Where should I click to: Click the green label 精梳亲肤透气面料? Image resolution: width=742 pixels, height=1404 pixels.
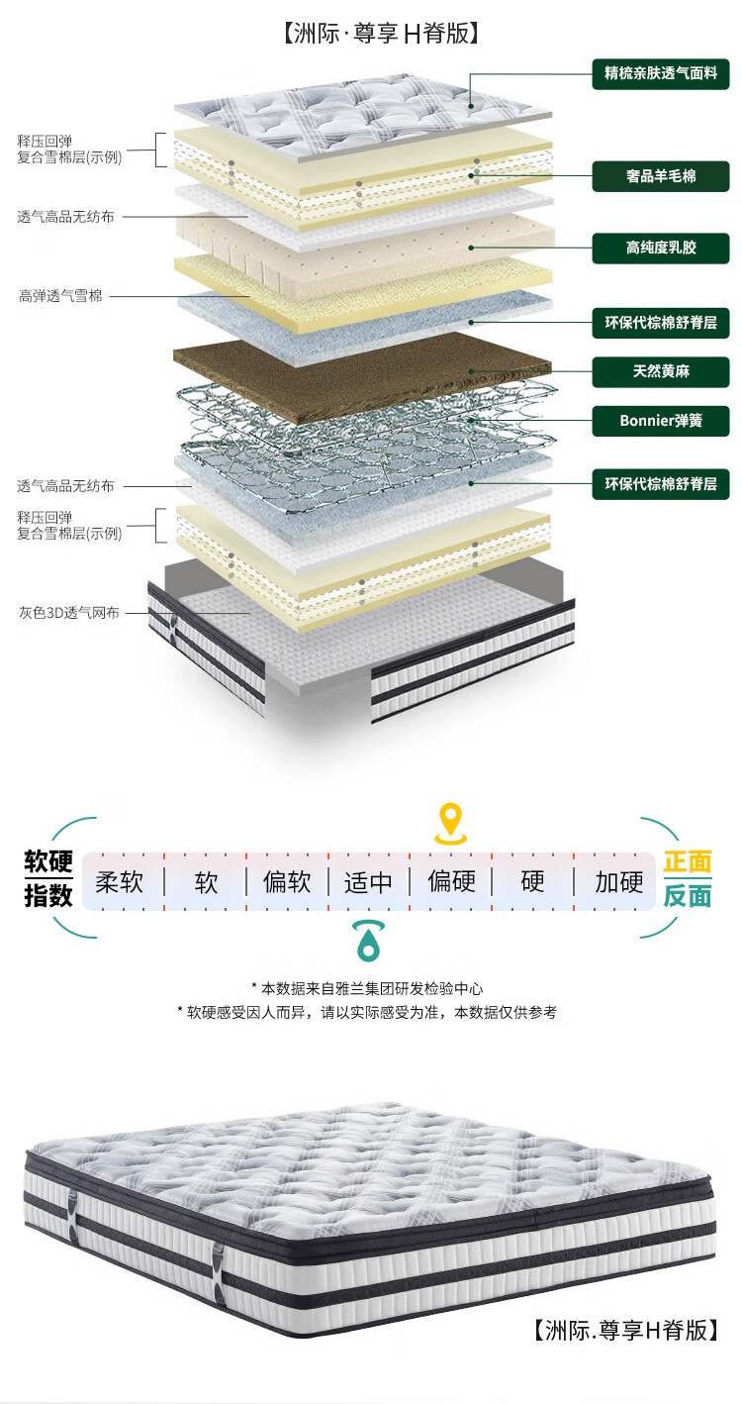[x=661, y=72]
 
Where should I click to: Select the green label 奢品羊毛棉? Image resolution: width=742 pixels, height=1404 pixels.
[x=661, y=176]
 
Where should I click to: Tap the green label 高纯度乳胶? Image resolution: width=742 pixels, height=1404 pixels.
[x=661, y=248]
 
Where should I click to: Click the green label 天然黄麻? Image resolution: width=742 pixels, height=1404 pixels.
[x=661, y=372]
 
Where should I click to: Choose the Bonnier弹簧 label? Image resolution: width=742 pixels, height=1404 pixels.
[x=661, y=421]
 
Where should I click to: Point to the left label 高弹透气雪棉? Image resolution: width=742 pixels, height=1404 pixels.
[x=60, y=295]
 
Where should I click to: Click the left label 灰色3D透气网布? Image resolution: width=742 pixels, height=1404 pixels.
[x=69, y=612]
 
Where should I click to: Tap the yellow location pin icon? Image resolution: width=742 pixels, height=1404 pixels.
[x=451, y=823]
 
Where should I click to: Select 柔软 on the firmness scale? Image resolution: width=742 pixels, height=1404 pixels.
[x=121, y=881]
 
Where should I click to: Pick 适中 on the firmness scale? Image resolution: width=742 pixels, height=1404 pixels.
[x=368, y=881]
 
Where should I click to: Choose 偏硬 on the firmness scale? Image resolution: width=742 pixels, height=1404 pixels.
[x=451, y=881]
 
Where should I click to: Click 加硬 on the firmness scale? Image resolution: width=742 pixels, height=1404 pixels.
[x=618, y=881]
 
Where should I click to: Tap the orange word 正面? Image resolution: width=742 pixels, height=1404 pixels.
[x=687, y=862]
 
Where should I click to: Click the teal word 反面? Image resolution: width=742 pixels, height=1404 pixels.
[x=687, y=896]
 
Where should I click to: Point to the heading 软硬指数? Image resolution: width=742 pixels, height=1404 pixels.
[x=48, y=878]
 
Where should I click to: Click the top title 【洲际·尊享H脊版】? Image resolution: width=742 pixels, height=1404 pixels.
[x=381, y=34]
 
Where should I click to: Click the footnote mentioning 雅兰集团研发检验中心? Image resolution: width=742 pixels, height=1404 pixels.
[x=367, y=988]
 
